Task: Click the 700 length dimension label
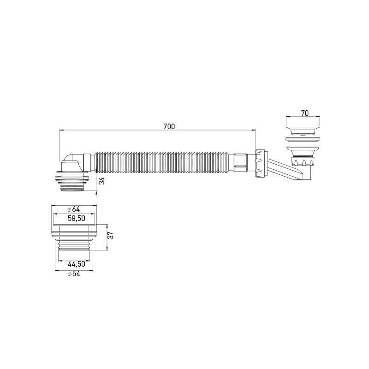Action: [x=169, y=127]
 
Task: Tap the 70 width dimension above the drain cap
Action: [x=304, y=113]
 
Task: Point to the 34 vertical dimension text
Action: [x=102, y=181]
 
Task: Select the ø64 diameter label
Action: [x=74, y=209]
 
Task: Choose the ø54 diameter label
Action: [x=74, y=274]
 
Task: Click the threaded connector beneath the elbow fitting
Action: [x=74, y=182]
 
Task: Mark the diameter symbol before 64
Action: [x=69, y=209]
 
